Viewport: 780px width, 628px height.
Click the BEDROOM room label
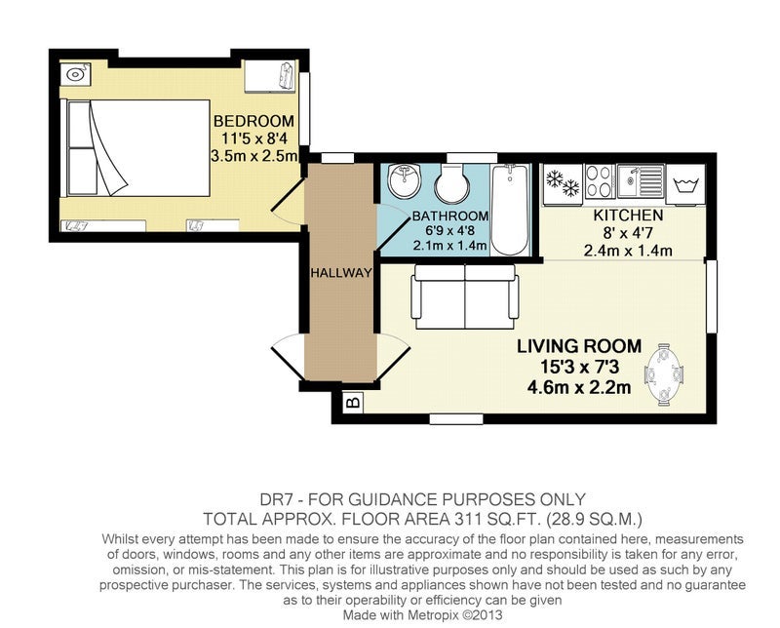253,121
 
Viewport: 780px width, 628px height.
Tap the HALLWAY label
341,273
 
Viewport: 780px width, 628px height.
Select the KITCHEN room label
628,216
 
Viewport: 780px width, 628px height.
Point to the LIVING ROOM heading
579,346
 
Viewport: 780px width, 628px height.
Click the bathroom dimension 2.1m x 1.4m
449,246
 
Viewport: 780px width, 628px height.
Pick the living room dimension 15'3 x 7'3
579,367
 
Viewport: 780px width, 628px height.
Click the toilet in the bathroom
451,183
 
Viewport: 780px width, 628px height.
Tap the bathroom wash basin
405,181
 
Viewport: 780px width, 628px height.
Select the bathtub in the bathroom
509,210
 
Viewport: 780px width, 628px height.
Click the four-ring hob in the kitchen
599,181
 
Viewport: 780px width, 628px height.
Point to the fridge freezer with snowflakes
563,183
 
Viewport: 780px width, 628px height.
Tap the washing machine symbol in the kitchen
685,184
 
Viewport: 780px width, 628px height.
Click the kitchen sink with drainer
641,181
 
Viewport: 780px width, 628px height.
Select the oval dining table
665,374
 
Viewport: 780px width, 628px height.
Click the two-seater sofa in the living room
465,297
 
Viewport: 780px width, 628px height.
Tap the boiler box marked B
354,402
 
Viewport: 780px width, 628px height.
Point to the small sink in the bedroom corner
75,75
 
